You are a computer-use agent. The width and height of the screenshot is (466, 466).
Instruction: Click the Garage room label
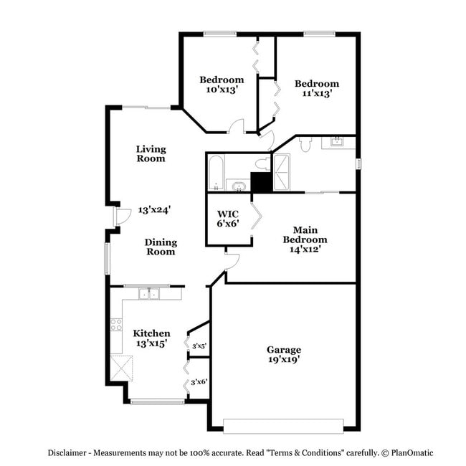(x=285, y=349)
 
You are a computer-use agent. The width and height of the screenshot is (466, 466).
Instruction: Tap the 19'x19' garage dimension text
(x=285, y=359)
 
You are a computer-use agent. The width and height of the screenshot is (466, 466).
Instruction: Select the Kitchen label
(x=151, y=333)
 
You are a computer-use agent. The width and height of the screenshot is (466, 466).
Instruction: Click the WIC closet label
(x=228, y=213)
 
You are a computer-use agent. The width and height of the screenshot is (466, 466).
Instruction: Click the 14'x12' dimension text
(x=305, y=249)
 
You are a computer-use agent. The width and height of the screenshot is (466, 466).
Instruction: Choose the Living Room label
(x=151, y=153)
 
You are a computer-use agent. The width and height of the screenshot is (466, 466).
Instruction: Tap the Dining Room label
(x=161, y=247)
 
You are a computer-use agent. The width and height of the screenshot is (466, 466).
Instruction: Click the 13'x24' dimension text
(x=154, y=210)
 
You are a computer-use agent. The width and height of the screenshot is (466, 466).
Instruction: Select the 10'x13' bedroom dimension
(x=222, y=90)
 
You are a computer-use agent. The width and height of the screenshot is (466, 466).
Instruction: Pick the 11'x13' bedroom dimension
(x=316, y=93)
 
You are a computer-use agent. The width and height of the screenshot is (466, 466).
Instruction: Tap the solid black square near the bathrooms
(x=261, y=182)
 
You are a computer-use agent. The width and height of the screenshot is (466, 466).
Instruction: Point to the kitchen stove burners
(x=115, y=325)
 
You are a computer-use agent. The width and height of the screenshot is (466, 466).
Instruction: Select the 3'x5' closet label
(x=199, y=346)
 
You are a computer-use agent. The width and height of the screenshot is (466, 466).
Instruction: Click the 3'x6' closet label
(x=199, y=381)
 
